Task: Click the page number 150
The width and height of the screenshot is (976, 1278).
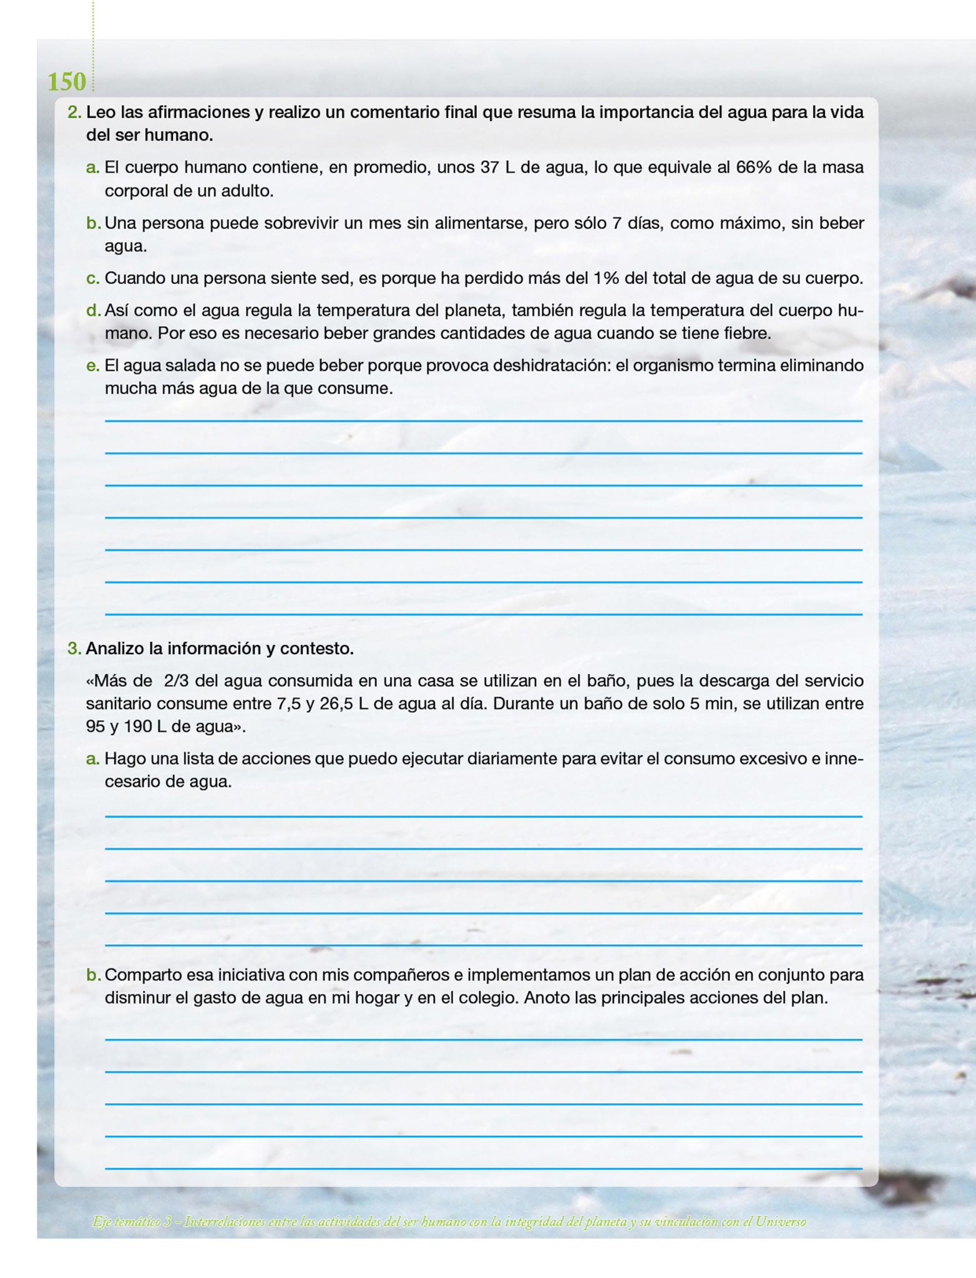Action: [67, 82]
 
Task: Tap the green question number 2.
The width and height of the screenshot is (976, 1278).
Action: [74, 112]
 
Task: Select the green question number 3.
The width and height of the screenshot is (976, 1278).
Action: [74, 648]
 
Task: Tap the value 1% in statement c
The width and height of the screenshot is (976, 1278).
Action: [606, 278]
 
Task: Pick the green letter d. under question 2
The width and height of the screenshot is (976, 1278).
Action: [93, 310]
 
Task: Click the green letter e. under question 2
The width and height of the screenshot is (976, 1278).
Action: [93, 365]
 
